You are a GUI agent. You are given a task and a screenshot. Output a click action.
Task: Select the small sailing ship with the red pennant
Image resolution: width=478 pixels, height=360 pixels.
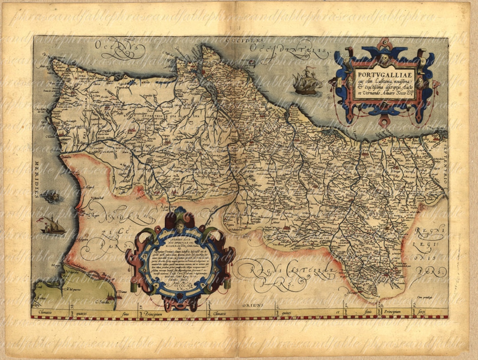click(53, 226)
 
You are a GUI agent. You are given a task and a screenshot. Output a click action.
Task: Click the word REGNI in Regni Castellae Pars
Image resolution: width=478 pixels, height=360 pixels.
click(261, 267)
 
